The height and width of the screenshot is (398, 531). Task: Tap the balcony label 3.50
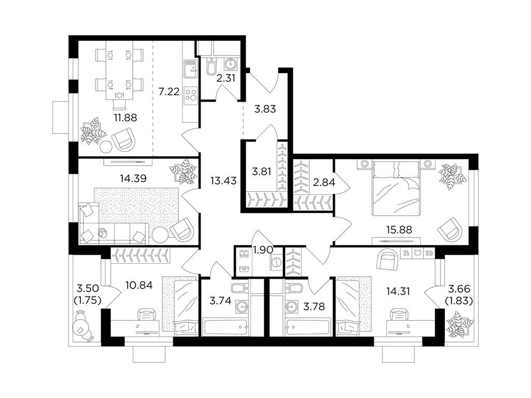(x=87, y=289)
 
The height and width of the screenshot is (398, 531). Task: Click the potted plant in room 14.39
(x=184, y=172)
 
